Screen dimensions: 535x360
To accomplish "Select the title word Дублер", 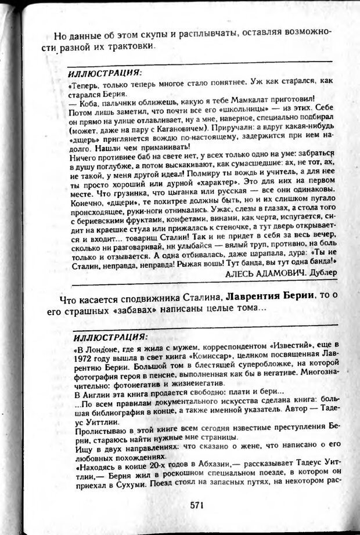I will click(x=320, y=272).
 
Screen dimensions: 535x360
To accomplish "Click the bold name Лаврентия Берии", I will click(x=268, y=296).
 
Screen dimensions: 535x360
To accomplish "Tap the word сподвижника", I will click(x=138, y=297).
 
